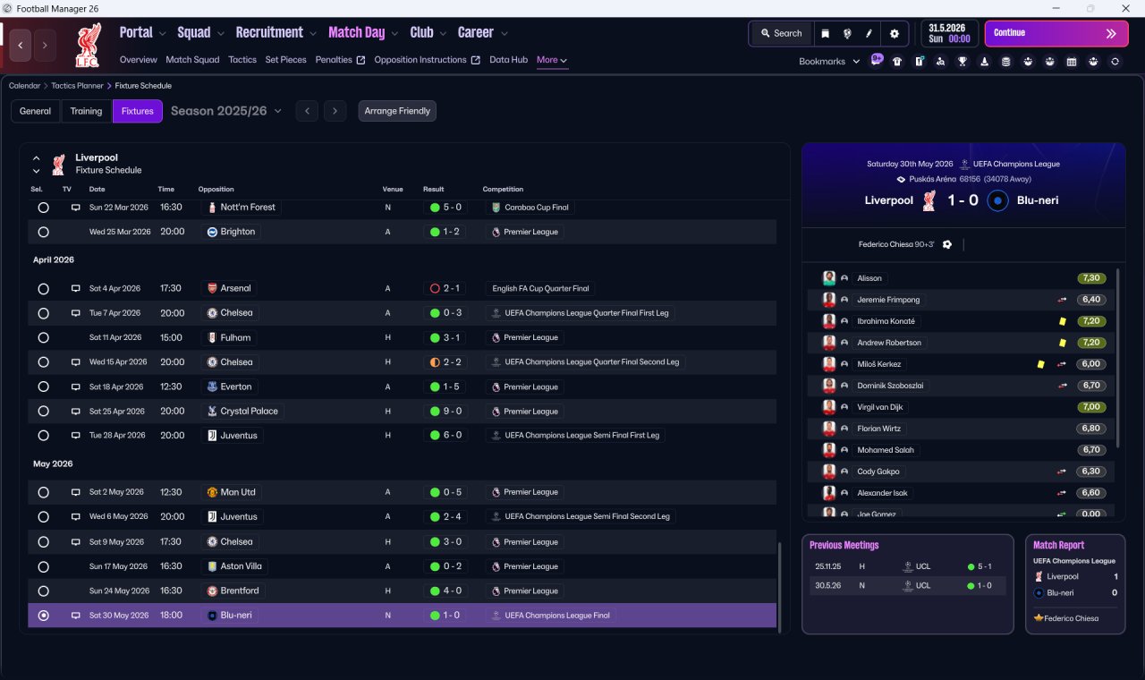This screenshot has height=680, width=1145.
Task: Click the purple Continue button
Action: (1056, 33)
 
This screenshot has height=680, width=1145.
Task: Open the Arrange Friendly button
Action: (397, 111)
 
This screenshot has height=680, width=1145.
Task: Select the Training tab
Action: (86, 111)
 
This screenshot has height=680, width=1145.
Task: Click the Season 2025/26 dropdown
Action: (226, 111)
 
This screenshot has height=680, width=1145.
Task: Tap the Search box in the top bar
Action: (782, 33)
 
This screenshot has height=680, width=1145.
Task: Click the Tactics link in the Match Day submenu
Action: (242, 60)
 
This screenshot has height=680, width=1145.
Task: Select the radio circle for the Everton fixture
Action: (44, 387)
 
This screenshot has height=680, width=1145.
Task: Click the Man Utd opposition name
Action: (238, 492)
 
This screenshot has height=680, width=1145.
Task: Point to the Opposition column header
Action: (216, 189)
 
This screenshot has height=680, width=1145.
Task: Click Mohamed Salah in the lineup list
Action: (885, 450)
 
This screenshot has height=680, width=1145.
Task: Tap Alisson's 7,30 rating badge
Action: (1091, 278)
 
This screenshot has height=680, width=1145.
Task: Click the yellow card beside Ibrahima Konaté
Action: (1063, 321)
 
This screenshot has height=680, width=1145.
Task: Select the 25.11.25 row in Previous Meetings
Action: (907, 566)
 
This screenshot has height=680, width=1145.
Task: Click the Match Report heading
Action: (1058, 545)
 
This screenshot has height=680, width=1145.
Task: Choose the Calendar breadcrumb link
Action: (24, 86)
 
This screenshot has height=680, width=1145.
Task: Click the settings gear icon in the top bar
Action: (894, 34)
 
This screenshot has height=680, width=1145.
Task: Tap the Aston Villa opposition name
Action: (241, 566)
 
